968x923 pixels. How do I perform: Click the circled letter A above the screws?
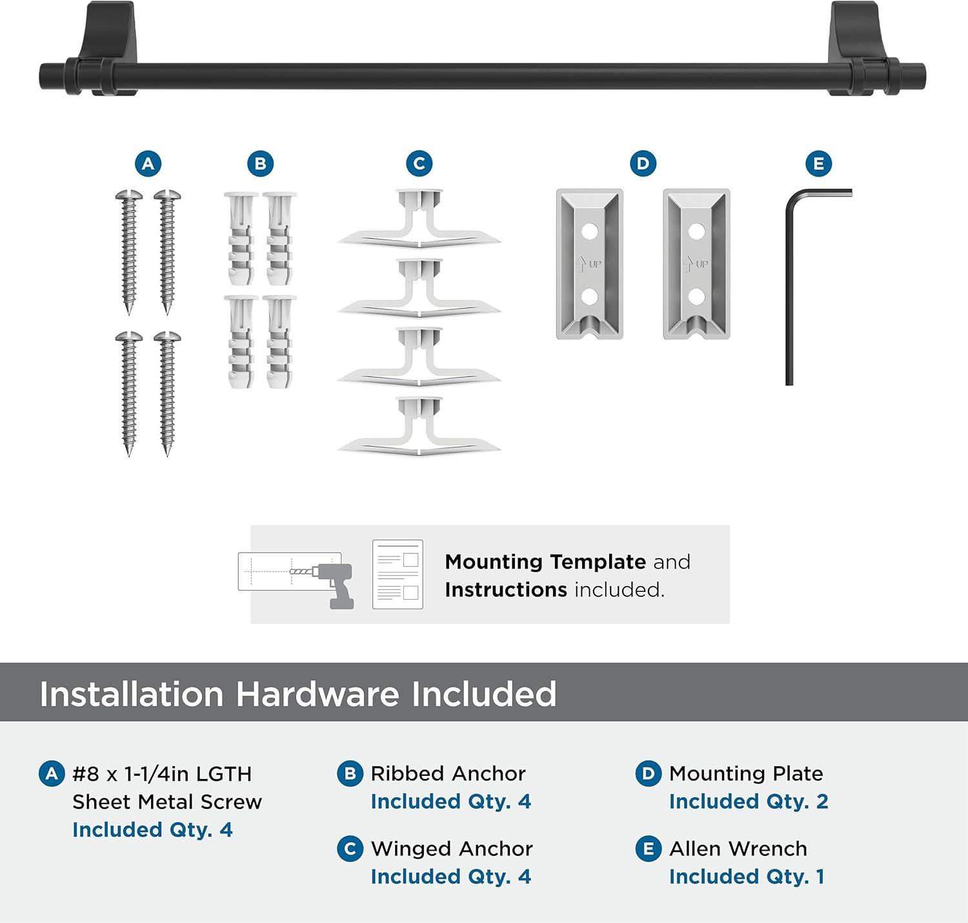click(148, 164)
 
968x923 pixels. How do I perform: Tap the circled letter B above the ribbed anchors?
click(260, 164)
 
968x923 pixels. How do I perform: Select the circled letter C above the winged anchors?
click(419, 164)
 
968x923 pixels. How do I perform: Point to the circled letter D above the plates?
click(643, 164)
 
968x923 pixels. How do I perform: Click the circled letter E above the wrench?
click(818, 164)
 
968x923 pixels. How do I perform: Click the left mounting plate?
click(589, 263)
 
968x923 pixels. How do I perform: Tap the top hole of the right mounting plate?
click(696, 230)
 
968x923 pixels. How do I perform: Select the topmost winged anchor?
click(419, 219)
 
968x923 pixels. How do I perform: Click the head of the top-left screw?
click(129, 194)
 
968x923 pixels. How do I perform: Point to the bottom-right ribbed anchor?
click(279, 342)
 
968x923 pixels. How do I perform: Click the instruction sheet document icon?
click(398, 574)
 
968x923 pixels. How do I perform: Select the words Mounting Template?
click(545, 562)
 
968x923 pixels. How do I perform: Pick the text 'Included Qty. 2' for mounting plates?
click(748, 801)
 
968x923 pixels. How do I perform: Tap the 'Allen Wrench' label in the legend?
click(738, 848)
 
